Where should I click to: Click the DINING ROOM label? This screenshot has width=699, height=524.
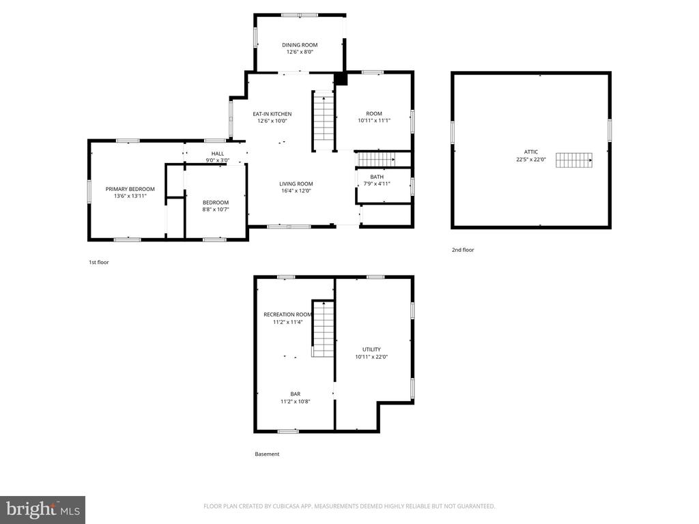coord(300,45)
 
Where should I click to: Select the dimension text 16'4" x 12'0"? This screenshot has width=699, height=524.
coord(296,191)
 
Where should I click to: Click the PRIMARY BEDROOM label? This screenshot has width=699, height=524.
coord(130,189)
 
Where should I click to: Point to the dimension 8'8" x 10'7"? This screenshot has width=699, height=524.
coord(215,210)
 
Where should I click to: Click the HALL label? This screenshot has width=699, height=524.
coord(217,154)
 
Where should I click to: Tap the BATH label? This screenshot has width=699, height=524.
coord(377,177)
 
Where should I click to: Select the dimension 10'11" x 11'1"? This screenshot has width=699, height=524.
coord(373,121)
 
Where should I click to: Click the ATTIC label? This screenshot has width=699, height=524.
coord(531,151)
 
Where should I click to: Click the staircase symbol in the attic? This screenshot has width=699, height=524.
coord(573,160)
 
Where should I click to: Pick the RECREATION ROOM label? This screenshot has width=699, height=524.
coord(287,315)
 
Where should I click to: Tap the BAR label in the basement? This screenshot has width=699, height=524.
coord(295,394)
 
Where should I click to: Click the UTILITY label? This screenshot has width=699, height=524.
coord(371,349)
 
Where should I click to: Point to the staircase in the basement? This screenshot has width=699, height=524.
coord(323,328)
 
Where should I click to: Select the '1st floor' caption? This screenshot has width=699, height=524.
coord(99,262)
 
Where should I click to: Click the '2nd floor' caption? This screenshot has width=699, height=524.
coord(462,250)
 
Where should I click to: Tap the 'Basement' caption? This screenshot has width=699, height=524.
coord(267,454)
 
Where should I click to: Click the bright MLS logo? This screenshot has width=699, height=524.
coord(42,509)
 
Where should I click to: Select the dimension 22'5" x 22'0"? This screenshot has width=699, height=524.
coord(531,159)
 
